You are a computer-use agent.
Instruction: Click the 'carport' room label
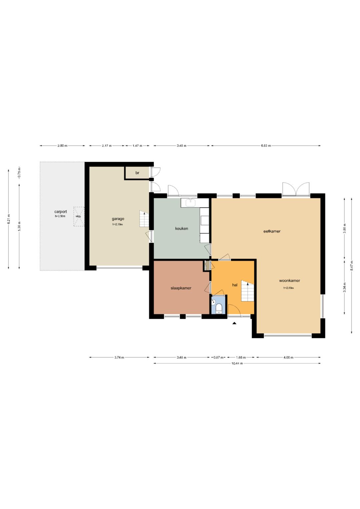click(x=60, y=212)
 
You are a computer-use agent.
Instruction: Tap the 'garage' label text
click(x=118, y=219)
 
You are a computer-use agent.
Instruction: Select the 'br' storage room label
click(x=137, y=173)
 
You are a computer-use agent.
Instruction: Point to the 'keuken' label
click(x=182, y=228)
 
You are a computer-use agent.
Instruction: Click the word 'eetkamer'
click(x=272, y=231)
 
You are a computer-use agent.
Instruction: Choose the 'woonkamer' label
click(x=290, y=281)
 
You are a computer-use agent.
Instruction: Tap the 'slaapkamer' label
click(x=181, y=288)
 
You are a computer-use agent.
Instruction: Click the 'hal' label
click(x=235, y=285)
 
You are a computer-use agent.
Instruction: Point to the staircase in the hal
click(x=247, y=291)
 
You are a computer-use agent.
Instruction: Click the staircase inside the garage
click(x=144, y=219)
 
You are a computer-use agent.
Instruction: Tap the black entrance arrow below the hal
click(x=235, y=323)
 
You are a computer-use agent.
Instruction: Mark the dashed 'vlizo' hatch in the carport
click(x=79, y=216)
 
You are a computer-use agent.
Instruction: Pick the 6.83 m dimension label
click(x=266, y=146)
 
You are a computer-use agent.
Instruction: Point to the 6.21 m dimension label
click(x=9, y=219)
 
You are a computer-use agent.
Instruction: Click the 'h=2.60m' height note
click(x=288, y=288)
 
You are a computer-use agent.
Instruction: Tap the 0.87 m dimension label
click(x=218, y=357)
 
